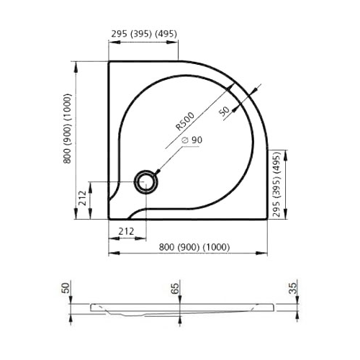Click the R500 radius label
[185, 120]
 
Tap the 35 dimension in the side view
[291, 289]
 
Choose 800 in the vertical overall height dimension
[66, 153]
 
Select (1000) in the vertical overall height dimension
[66, 107]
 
